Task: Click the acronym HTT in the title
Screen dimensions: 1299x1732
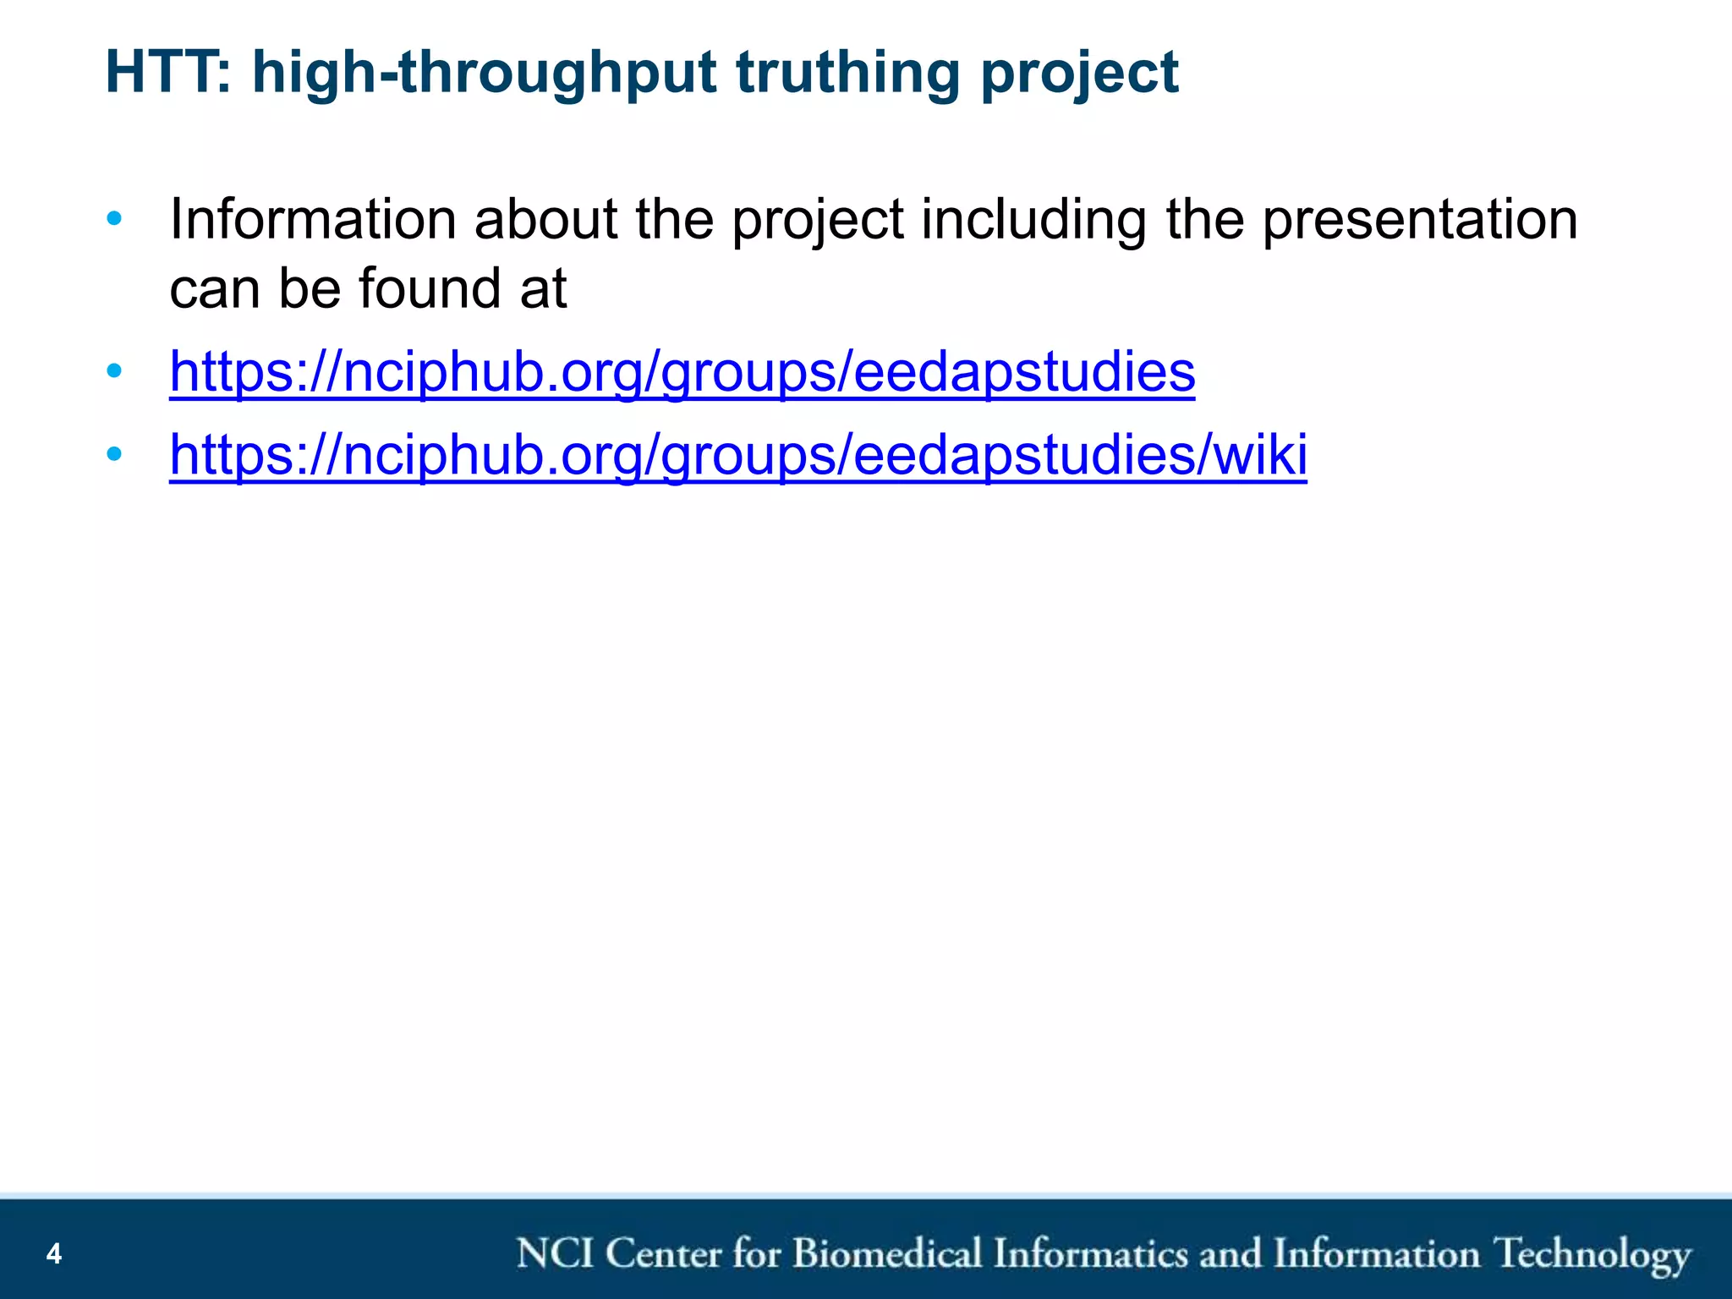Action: [x=167, y=72]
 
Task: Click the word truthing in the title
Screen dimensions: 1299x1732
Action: [x=848, y=72]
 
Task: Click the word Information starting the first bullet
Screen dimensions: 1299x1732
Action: [x=313, y=219]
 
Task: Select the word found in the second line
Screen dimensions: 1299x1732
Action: [x=430, y=288]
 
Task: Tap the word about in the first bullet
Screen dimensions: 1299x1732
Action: [x=545, y=219]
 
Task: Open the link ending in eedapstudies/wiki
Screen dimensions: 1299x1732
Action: [x=737, y=456]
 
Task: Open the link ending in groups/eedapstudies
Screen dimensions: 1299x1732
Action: [x=682, y=373]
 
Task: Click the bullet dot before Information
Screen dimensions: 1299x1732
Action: [x=114, y=220]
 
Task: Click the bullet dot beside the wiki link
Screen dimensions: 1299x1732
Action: [x=114, y=455]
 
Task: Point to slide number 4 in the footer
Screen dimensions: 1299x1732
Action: [x=54, y=1253]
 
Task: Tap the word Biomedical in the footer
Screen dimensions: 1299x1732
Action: [x=886, y=1253]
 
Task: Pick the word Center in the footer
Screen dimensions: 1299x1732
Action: [x=662, y=1253]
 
